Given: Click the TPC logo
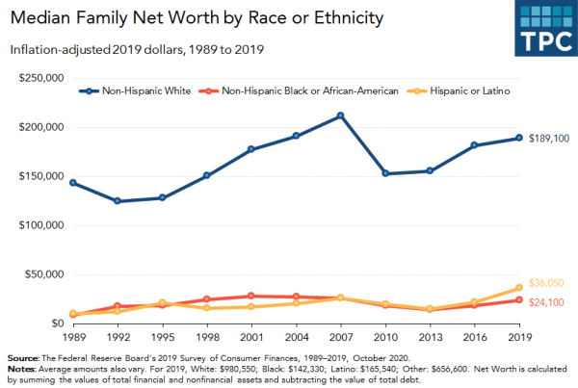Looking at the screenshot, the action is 546,28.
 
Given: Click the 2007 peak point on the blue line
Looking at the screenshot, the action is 341,116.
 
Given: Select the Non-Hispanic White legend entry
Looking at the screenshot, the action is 135,91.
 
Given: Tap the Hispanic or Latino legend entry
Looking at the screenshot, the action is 459,91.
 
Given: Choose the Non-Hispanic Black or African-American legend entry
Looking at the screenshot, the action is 299,91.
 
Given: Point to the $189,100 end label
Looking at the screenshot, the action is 549,139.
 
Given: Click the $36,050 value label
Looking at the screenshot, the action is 546,283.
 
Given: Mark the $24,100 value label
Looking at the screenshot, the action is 546,302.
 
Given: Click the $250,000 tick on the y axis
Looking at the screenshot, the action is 41,78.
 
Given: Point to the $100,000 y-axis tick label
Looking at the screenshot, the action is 41,225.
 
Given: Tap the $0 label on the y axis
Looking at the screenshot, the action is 58,323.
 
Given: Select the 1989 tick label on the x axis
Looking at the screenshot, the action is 74,337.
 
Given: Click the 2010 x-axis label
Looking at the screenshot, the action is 385,337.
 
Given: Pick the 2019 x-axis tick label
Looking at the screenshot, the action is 520,337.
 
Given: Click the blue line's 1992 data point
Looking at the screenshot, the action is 118,201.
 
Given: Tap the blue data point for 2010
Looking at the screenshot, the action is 385,173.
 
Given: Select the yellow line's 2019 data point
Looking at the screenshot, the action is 519,288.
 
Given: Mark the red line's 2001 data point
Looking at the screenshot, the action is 251,296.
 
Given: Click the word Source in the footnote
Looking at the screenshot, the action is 23,358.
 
